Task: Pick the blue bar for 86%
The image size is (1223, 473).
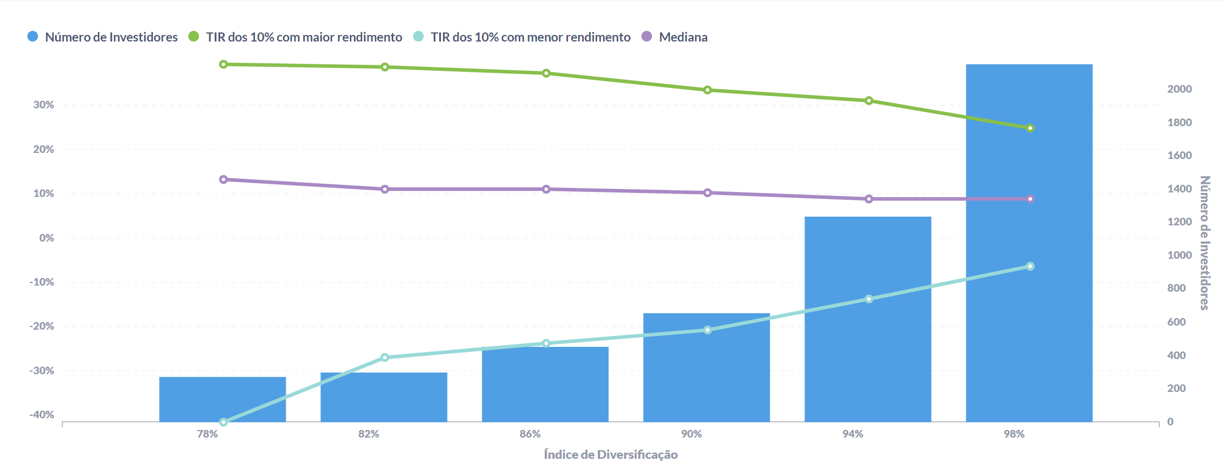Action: tap(545, 385)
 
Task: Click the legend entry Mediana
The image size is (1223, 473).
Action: tap(682, 37)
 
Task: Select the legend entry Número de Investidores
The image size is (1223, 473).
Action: tap(111, 37)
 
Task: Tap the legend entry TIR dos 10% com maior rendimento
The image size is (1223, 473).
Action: tap(303, 37)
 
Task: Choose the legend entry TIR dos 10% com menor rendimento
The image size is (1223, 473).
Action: tap(530, 37)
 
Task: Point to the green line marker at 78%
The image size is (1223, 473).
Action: tap(223, 64)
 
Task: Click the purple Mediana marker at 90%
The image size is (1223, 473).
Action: tap(708, 192)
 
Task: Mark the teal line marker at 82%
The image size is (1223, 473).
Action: tap(385, 358)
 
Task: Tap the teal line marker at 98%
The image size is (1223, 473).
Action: tap(1030, 266)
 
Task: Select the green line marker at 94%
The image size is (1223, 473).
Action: tap(869, 101)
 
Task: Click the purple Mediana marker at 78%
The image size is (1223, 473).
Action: tap(223, 179)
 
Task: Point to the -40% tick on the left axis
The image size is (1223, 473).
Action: tap(42, 415)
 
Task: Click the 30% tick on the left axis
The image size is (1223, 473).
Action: tap(44, 105)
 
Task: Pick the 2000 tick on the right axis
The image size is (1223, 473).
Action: tap(1179, 89)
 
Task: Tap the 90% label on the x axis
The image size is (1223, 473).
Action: tap(691, 434)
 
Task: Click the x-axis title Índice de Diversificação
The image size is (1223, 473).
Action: tap(610, 454)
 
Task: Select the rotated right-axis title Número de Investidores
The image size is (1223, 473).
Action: tap(1205, 243)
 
